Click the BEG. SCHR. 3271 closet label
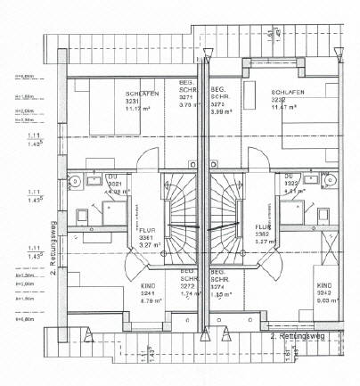[187, 99]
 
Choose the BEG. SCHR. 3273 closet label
[219, 99]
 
